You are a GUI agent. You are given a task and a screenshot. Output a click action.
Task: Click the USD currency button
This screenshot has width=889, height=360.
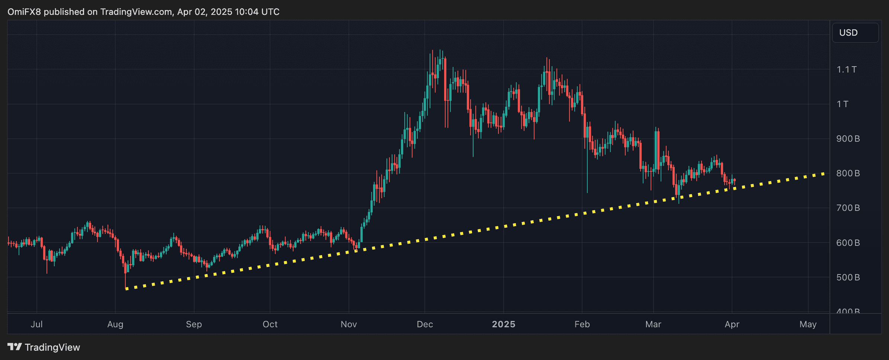[x=855, y=33]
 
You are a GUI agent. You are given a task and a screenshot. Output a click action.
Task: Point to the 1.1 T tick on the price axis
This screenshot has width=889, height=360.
[x=846, y=70]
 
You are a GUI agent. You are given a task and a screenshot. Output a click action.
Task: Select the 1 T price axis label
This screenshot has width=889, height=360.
[x=843, y=104]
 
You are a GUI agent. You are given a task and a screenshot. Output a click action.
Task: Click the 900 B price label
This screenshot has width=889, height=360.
[x=848, y=139]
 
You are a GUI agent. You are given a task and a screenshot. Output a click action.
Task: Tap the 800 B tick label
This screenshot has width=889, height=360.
[x=848, y=173]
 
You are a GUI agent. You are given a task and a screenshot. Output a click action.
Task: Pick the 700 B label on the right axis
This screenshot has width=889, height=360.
[x=848, y=208]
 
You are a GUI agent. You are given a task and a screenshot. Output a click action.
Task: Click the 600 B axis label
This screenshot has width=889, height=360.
[x=848, y=243]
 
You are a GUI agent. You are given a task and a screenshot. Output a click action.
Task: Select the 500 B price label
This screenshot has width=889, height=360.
[x=848, y=277]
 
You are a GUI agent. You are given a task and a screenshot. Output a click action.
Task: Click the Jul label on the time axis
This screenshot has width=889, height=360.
[x=36, y=324]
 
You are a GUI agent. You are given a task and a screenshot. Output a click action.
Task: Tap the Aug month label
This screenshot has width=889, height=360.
[x=115, y=324]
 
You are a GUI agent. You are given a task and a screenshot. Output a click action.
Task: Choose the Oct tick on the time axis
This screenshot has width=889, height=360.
[x=270, y=324]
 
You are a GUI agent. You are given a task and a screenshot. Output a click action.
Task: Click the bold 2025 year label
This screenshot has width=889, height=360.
[x=504, y=324]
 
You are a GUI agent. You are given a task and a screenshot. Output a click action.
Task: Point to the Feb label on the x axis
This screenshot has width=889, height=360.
[x=582, y=324]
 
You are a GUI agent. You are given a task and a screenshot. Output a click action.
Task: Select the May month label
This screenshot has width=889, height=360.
[x=808, y=324]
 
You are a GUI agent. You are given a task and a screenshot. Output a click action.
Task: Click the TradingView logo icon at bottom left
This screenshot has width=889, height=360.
[x=15, y=347]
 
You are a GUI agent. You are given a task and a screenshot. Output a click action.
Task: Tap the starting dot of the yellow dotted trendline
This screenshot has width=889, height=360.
[x=127, y=289]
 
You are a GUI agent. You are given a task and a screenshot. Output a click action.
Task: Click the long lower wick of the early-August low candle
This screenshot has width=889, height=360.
[x=126, y=279]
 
